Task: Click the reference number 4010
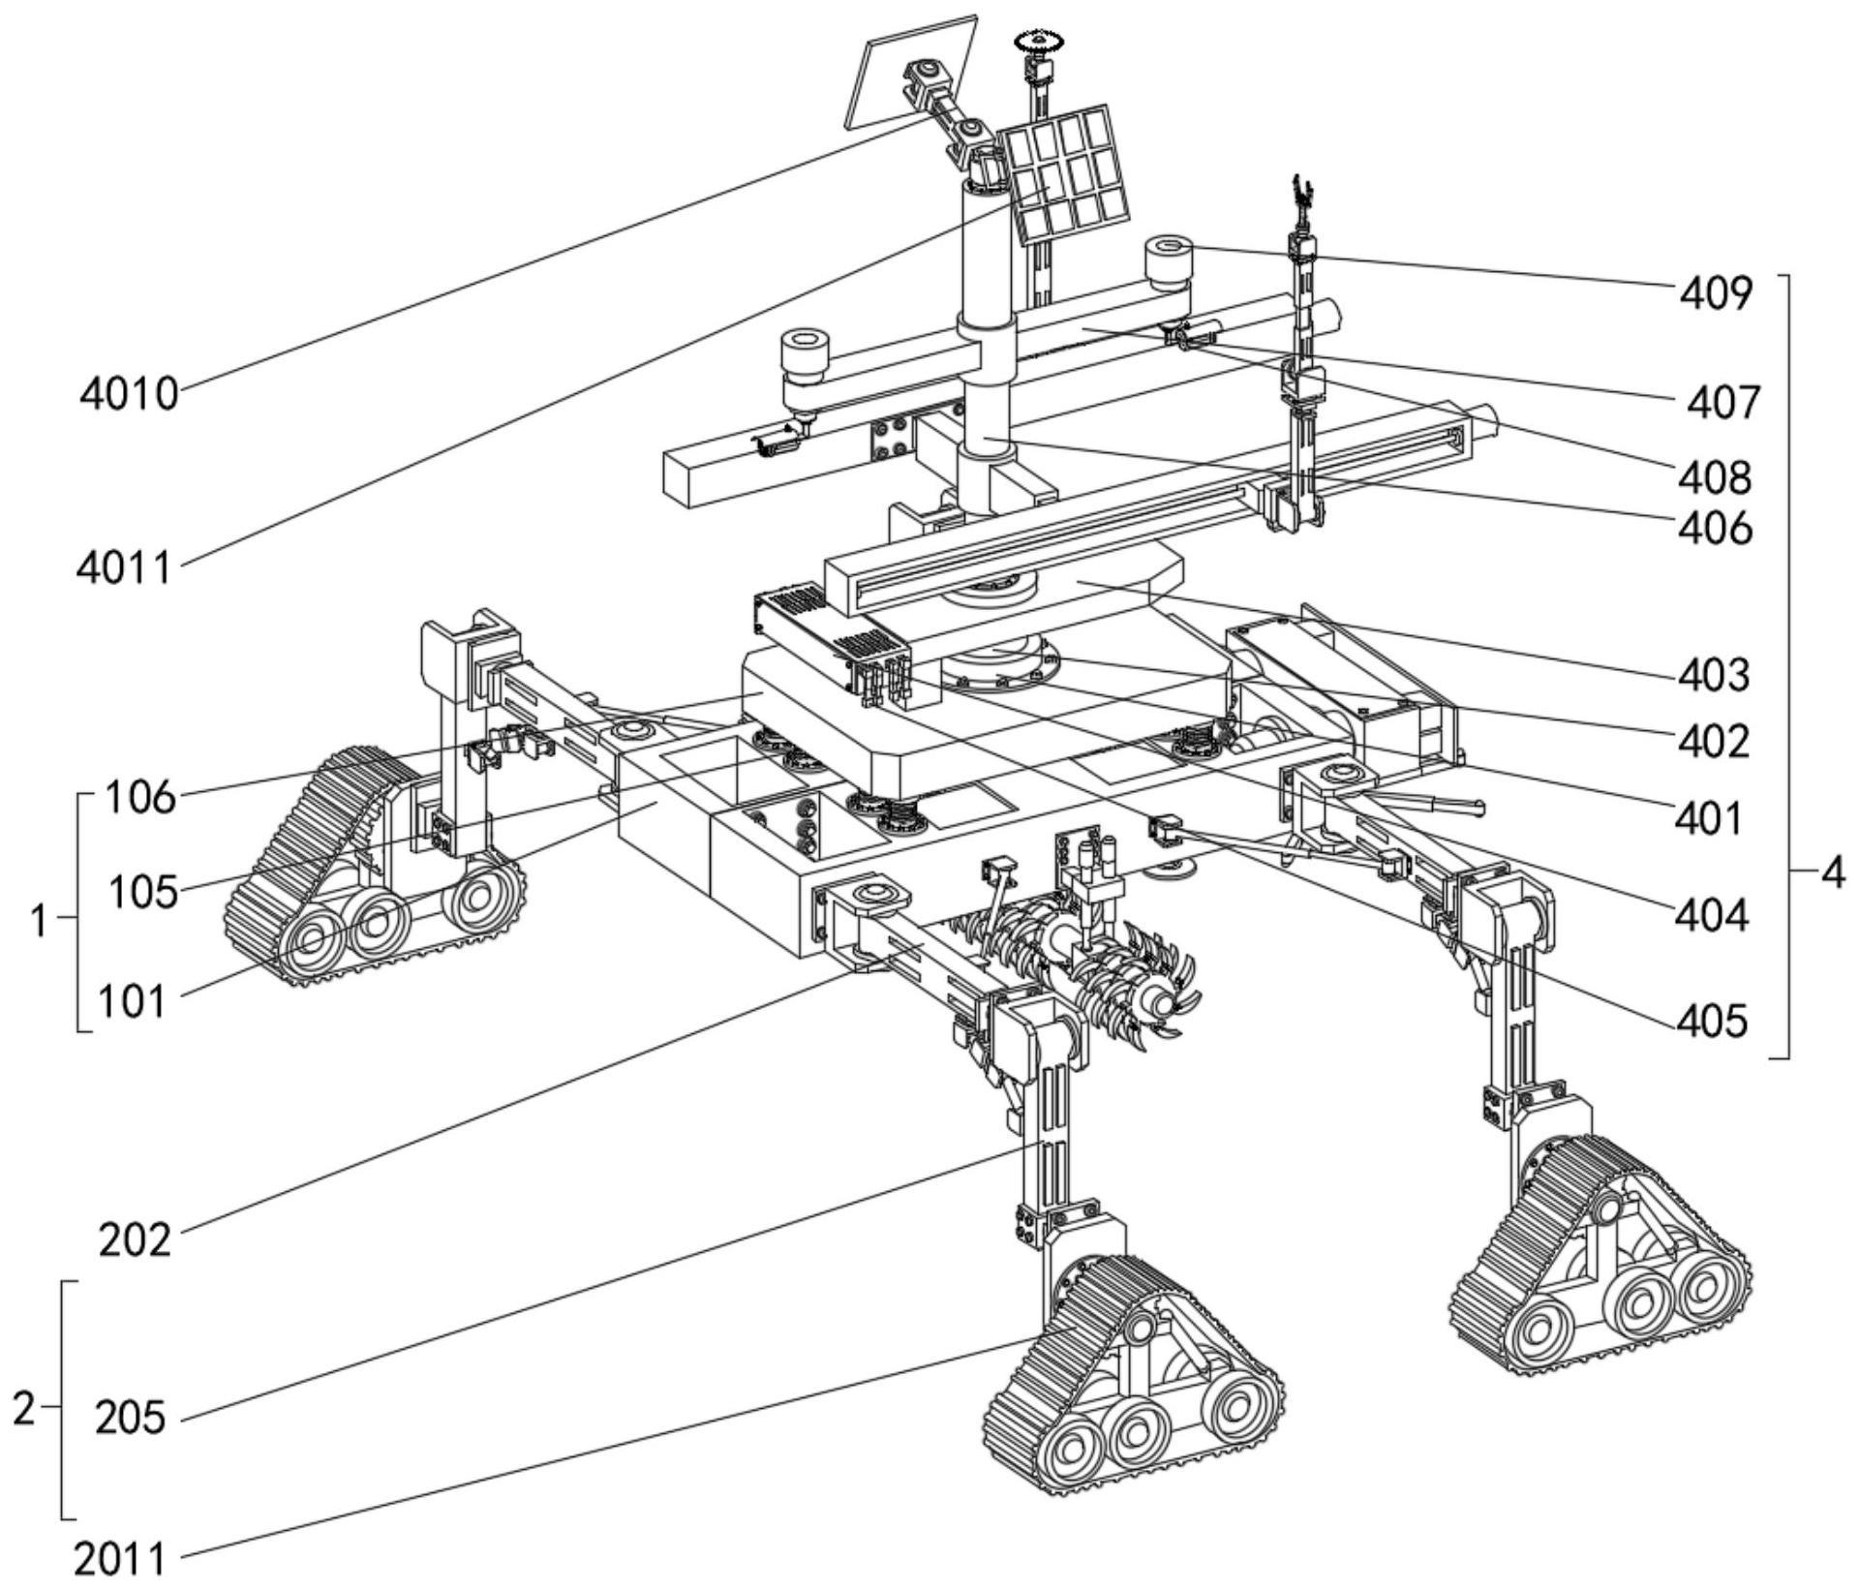pyautogui.click(x=129, y=394)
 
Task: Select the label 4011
pyautogui.click(x=124, y=567)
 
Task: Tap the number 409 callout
pyautogui.click(x=1715, y=292)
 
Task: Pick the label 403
pyautogui.click(x=1714, y=675)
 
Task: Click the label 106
pyautogui.click(x=140, y=798)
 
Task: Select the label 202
pyautogui.click(x=135, y=1239)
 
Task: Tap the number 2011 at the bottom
pyautogui.click(x=120, y=1559)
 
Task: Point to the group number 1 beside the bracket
pyautogui.click(x=39, y=921)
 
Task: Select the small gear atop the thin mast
pyautogui.click(x=1039, y=42)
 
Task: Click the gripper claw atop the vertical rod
pyautogui.click(x=1300, y=197)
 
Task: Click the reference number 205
pyautogui.click(x=131, y=1419)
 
